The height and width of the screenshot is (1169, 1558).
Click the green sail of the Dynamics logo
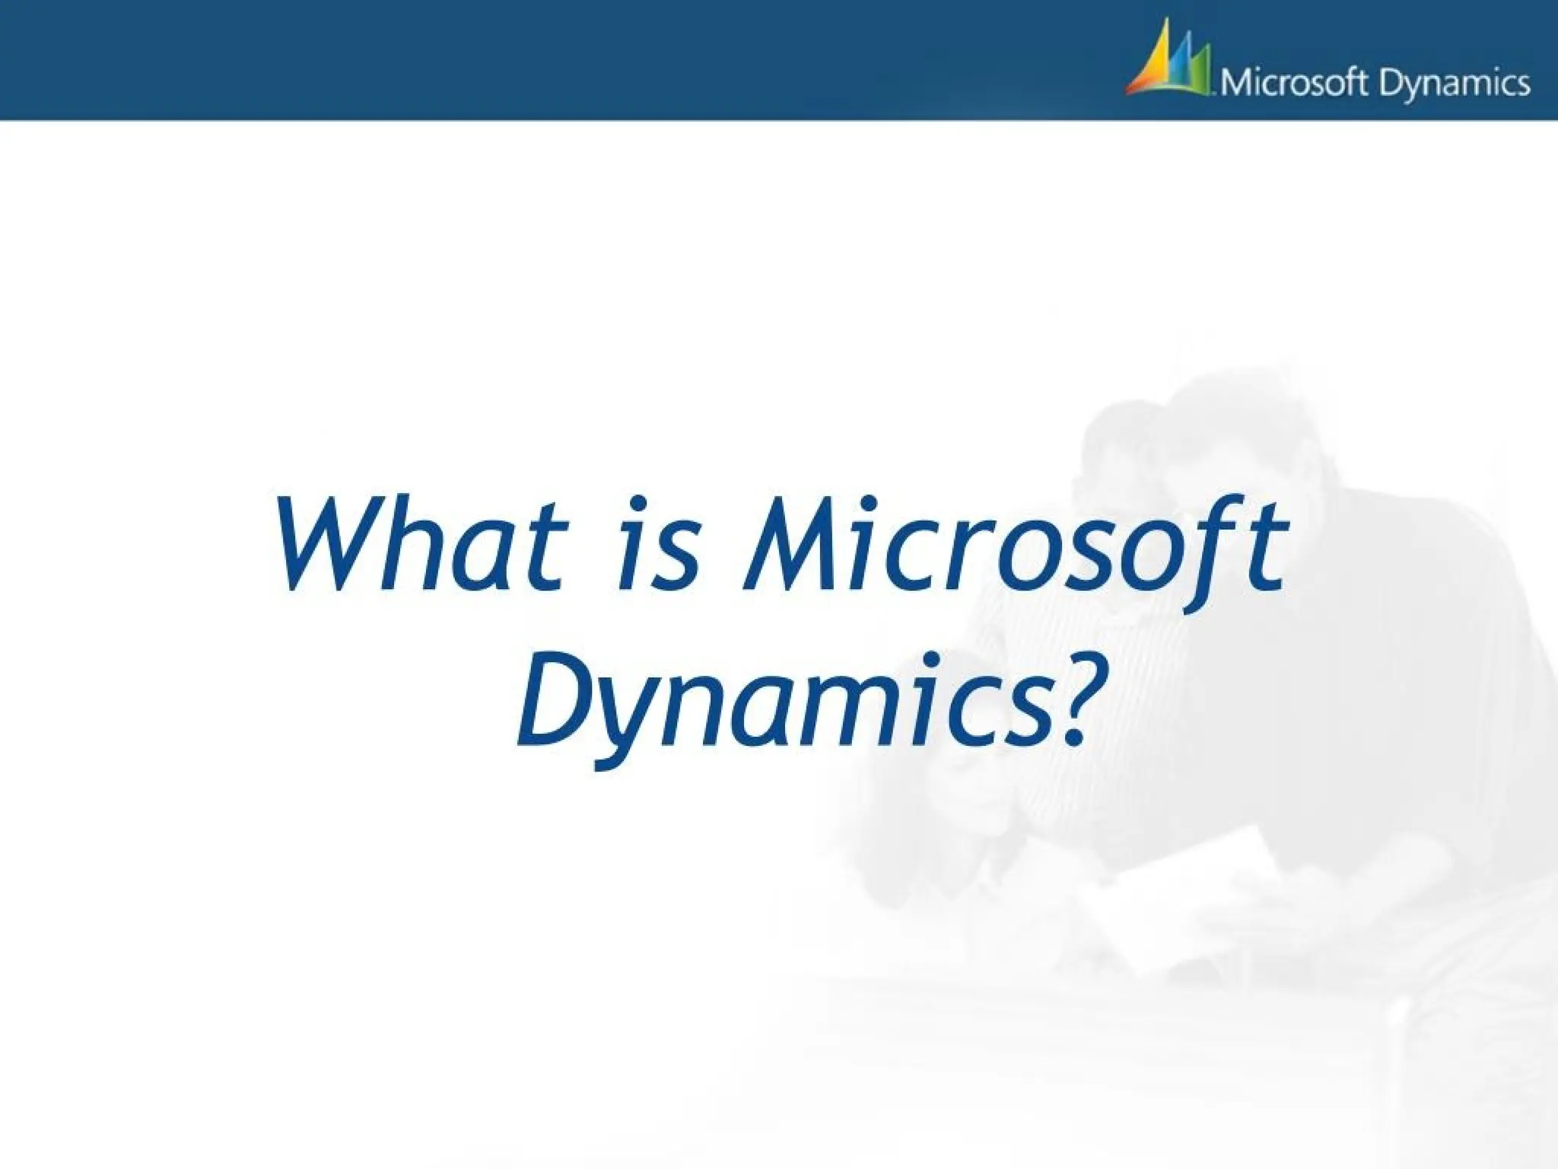1199,76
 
